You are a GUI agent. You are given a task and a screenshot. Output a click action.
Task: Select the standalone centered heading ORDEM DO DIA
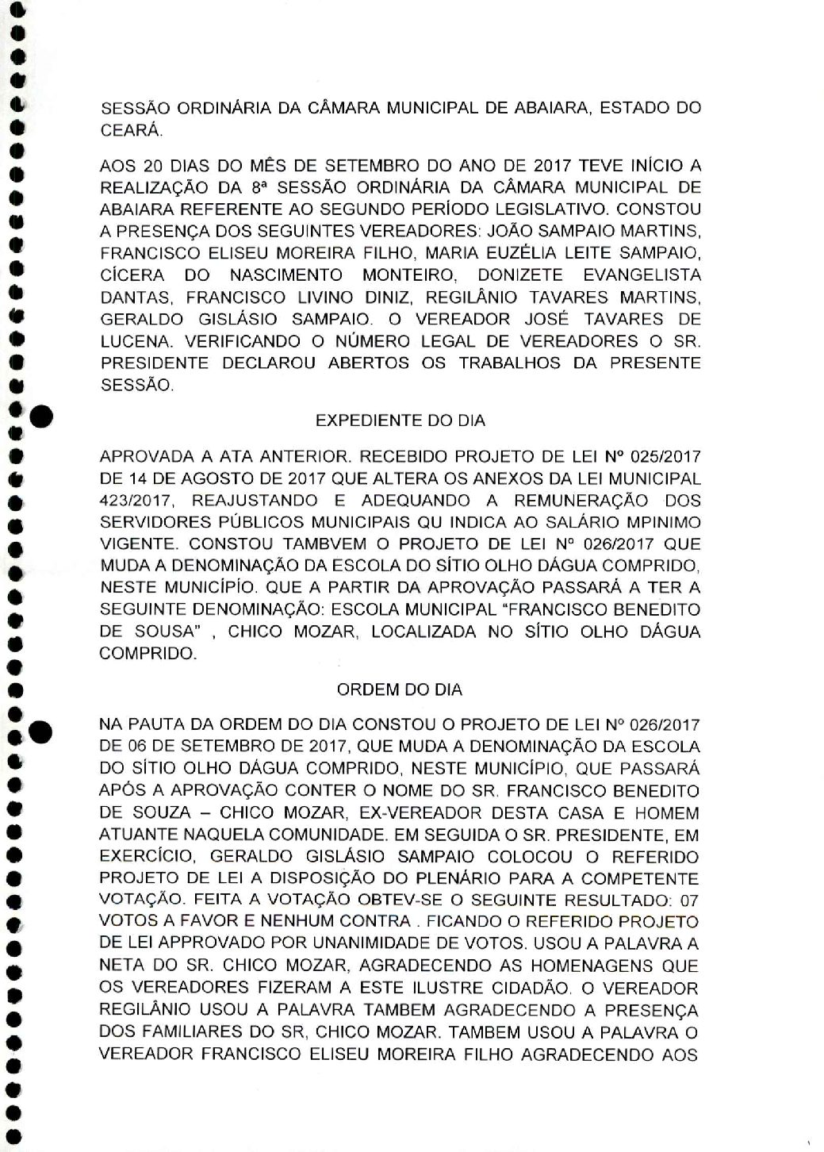pos(400,689)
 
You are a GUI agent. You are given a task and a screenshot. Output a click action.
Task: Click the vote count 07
pos(689,900)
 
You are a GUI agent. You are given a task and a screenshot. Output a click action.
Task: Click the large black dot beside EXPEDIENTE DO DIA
pos(40,414)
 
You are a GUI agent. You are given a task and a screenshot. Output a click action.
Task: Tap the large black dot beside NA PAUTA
pos(40,732)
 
